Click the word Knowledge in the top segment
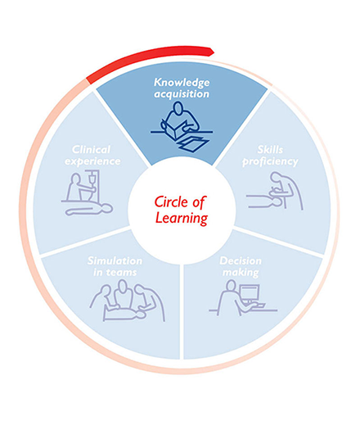pos(182,82)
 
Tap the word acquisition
pos(182,94)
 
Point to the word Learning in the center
pos(182,219)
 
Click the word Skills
pos(270,149)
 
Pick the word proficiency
pos(270,161)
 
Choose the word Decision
pos(241,260)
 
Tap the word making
pos(241,273)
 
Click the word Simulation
pos(115,260)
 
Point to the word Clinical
pos(92,149)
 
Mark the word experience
pos(92,161)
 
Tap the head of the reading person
pos(178,108)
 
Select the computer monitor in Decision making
pos(250,293)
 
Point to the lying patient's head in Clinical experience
pos(107,208)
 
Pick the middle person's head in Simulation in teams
pos(123,286)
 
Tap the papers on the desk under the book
pos(192,144)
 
